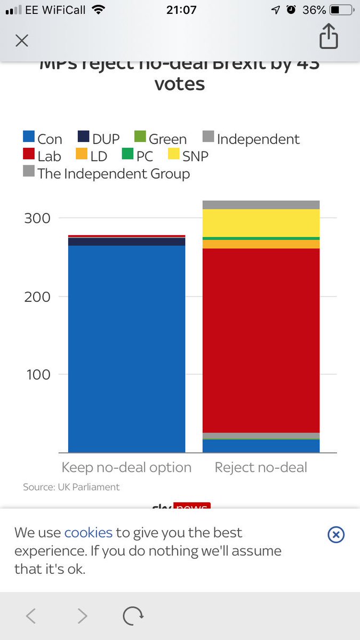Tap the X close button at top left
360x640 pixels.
pos(21,41)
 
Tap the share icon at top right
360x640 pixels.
pos(329,37)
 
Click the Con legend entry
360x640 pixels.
pos(43,139)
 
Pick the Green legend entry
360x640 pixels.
pos(160,139)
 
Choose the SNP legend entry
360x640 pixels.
pos(188,156)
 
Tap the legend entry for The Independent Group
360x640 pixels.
pos(107,173)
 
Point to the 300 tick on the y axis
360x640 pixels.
pos(38,218)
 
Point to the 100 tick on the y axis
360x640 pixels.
pos(38,374)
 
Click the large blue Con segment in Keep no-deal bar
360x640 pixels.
pos(126,347)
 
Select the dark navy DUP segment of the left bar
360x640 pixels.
pos(126,242)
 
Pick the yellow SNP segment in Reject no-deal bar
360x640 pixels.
pos(261,222)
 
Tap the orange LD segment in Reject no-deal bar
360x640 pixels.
pos(261,244)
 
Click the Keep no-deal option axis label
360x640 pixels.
pos(126,468)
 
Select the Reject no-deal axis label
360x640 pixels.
pos(261,468)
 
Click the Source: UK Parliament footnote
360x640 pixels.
pos(71,487)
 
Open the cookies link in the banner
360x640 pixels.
pos(88,532)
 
